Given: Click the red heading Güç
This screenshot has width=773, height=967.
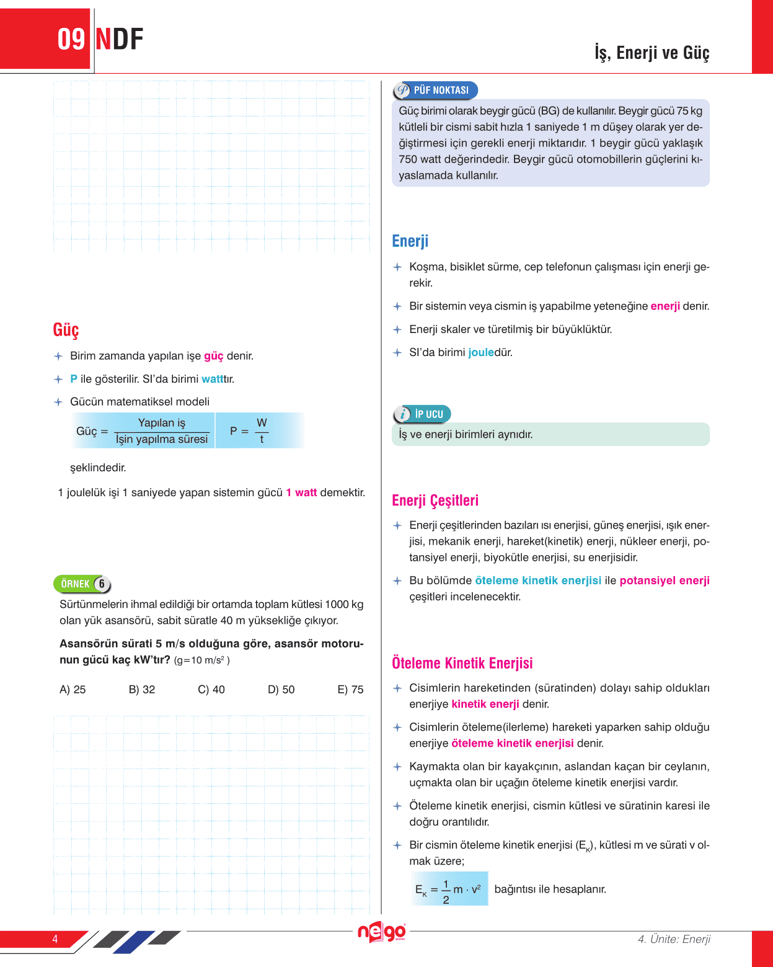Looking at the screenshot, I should coord(66,329).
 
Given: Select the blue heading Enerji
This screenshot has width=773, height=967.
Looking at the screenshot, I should coord(410,241).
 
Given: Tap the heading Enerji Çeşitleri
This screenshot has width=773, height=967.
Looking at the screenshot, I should coord(435,500).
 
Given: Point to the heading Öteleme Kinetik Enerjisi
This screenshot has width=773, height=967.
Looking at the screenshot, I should coord(462,662).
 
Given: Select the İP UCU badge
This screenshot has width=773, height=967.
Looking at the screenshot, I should coord(422,414).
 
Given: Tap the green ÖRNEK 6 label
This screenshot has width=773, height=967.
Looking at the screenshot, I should coord(82,584).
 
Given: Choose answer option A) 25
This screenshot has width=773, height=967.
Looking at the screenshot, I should coord(73,689).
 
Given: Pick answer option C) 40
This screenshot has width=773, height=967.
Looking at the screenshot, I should coord(211,689).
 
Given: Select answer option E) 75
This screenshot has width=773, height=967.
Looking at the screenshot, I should coord(350,689).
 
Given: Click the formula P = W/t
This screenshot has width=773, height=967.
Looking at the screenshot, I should coord(249,430).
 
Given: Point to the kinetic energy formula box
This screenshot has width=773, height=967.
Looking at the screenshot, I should coord(449,889).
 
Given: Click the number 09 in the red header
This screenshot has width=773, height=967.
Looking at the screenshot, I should coord(71,39).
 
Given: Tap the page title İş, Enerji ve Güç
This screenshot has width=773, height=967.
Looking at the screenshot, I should coord(652,53).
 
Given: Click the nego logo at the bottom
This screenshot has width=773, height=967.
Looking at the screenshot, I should coord(381,932).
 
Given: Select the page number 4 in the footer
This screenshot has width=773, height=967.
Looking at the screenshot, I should coord(55,938).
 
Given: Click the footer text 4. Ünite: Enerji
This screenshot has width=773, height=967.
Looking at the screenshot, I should coord(674,939).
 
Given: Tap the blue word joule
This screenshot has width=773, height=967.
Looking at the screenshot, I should coord(480,352).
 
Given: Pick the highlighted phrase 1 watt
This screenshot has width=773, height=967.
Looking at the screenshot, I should coord(301,492).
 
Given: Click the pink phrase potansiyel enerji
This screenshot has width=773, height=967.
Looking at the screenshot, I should coord(665,581).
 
